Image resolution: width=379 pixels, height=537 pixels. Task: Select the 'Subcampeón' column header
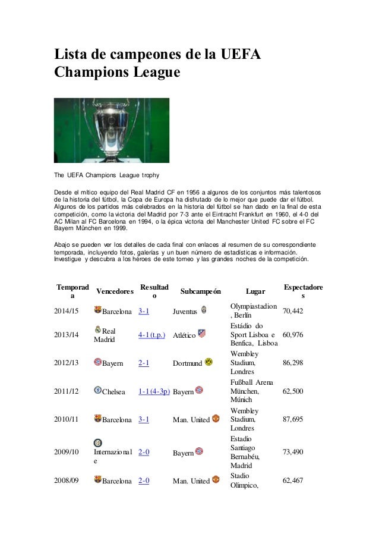tap(200, 291)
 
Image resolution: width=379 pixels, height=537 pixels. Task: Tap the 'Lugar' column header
tap(255, 291)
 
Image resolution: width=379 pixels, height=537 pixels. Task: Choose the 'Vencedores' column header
tap(115, 291)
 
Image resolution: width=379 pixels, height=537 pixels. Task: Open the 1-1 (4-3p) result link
tap(154, 391)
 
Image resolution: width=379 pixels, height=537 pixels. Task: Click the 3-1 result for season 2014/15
tap(143, 311)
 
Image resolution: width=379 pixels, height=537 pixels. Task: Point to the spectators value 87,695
tap(295, 419)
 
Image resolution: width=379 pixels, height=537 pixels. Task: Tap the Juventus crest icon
tap(204, 309)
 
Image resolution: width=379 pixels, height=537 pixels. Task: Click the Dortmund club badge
tap(208, 360)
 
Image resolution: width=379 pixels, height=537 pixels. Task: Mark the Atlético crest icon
tap(202, 334)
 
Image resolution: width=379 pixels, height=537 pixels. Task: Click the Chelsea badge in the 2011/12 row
tap(97, 390)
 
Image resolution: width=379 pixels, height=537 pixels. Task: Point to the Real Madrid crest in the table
tap(97, 329)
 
